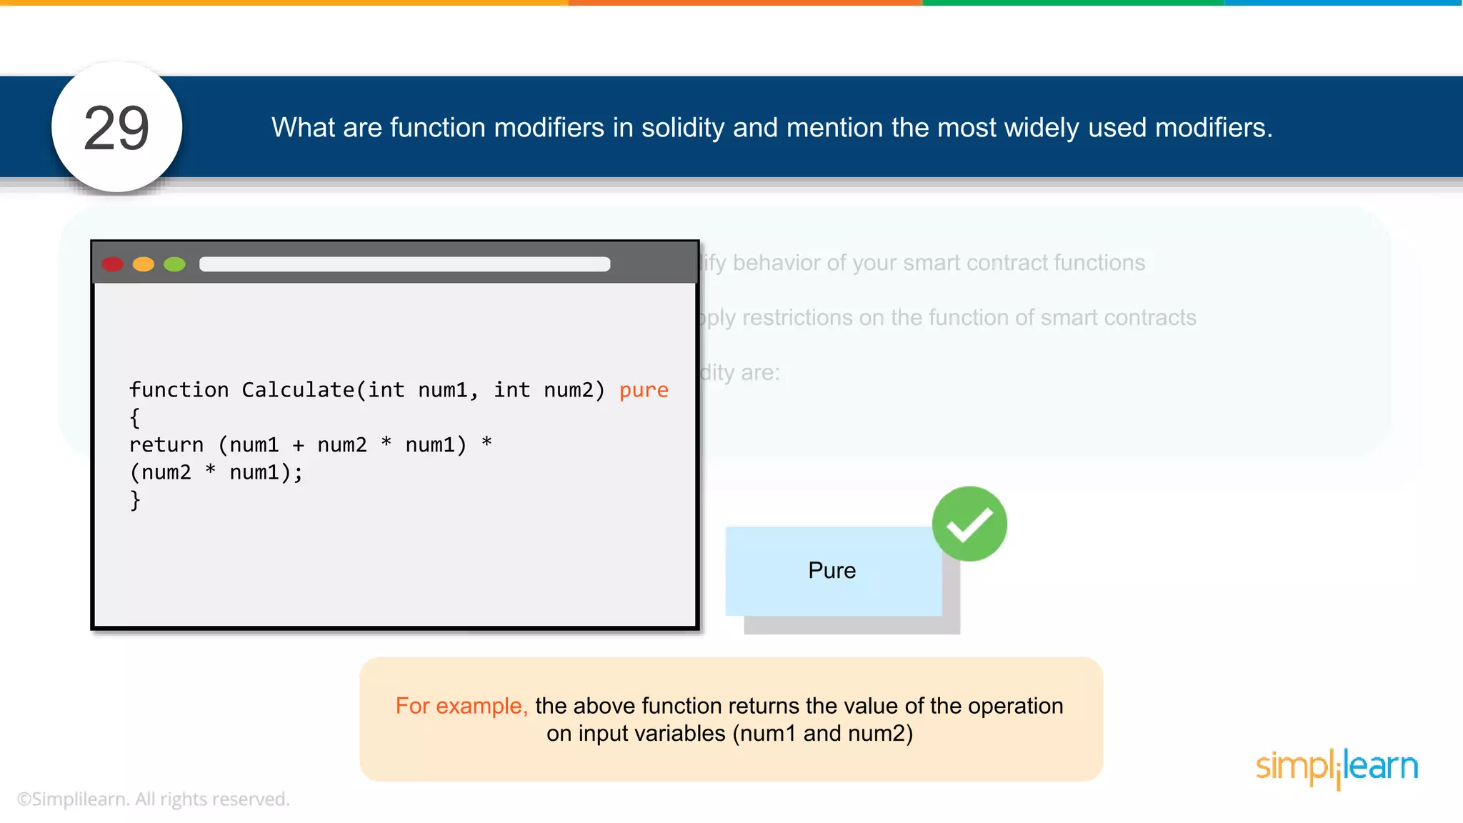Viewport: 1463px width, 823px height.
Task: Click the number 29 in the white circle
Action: tap(116, 128)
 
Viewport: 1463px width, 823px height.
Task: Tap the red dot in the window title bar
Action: tap(113, 264)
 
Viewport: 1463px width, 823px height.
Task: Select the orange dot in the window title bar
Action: tap(144, 264)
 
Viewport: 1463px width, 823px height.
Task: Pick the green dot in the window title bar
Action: tap(174, 264)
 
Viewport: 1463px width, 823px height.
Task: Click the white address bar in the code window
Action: tap(404, 264)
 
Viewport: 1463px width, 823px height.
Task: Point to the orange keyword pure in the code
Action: tap(644, 390)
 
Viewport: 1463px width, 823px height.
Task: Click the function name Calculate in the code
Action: tap(298, 390)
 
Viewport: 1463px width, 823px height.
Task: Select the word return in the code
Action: tap(166, 445)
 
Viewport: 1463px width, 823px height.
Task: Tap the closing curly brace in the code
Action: tap(135, 500)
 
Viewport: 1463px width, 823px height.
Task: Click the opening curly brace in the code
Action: tap(135, 418)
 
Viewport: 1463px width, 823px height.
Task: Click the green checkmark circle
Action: tap(969, 524)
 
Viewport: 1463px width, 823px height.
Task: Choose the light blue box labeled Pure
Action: tap(832, 571)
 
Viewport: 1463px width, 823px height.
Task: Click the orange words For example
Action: tap(461, 706)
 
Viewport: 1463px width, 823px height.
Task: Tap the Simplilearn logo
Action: tap(1337, 767)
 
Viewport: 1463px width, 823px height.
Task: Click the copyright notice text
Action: tap(153, 799)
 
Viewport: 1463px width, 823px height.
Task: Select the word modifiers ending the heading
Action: tap(1213, 128)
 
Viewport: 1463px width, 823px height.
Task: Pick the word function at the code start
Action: tap(179, 390)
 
